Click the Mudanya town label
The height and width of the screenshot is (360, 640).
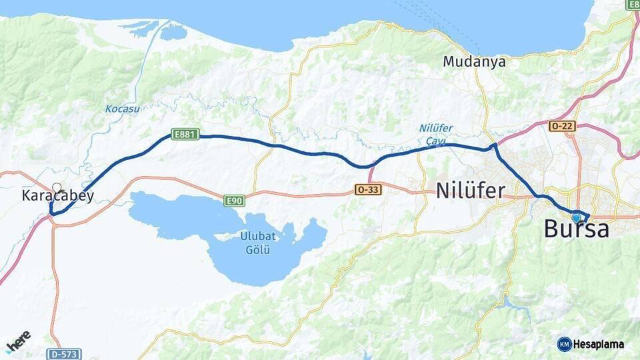pyautogui.click(x=475, y=62)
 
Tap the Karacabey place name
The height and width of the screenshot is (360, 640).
pyautogui.click(x=58, y=196)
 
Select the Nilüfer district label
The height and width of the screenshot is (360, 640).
pyautogui.click(x=470, y=191)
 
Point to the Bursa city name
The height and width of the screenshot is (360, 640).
pyautogui.click(x=576, y=230)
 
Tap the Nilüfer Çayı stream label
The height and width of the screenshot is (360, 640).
pyautogui.click(x=436, y=133)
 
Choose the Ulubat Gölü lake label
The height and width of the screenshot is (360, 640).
pyautogui.click(x=258, y=243)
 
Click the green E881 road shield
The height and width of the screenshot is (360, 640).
pyautogui.click(x=185, y=135)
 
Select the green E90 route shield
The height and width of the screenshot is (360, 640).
pyautogui.click(x=234, y=200)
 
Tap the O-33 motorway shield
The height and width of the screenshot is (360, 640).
pyautogui.click(x=368, y=190)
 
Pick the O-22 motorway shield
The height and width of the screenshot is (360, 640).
pyautogui.click(x=562, y=125)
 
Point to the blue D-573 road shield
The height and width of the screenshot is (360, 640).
pyautogui.click(x=65, y=353)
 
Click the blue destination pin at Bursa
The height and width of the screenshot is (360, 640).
pyautogui.click(x=576, y=217)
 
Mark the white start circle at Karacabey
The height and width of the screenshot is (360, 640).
pyautogui.click(x=57, y=188)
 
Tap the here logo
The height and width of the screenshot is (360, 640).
pyautogui.click(x=18, y=341)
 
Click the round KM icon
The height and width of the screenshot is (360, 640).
pyautogui.click(x=564, y=344)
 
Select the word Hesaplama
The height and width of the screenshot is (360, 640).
pyautogui.click(x=599, y=345)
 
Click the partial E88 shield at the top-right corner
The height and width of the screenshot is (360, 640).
pyautogui.click(x=633, y=4)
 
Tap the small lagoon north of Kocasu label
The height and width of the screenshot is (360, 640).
pyautogui.click(x=173, y=31)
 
